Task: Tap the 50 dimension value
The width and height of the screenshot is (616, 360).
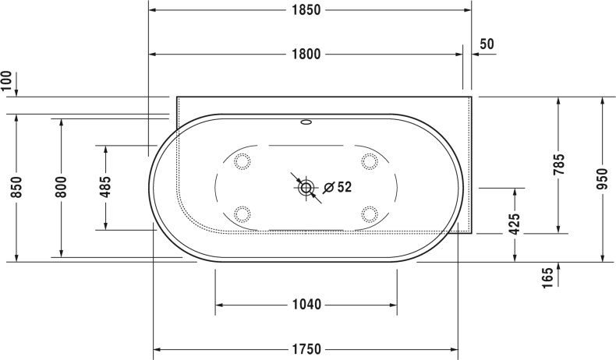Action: pyautogui.click(x=487, y=44)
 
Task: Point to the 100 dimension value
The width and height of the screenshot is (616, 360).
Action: pyautogui.click(x=7, y=82)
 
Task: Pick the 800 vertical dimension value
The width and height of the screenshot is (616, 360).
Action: pyautogui.click(x=61, y=187)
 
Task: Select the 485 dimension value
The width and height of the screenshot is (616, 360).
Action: pyautogui.click(x=105, y=187)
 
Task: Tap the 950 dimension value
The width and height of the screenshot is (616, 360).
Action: pyautogui.click(x=602, y=179)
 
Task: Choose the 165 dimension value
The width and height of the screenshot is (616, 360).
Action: pyautogui.click(x=549, y=275)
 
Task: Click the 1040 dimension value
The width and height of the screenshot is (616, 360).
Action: pyautogui.click(x=307, y=305)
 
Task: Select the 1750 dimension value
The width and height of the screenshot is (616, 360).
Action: pyautogui.click(x=307, y=348)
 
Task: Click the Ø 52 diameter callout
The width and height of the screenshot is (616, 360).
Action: pyautogui.click(x=337, y=187)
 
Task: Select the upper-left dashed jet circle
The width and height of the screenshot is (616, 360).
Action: pyautogui.click(x=243, y=161)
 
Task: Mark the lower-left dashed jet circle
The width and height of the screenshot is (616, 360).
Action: pyautogui.click(x=243, y=213)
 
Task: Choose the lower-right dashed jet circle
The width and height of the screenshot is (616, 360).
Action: pyautogui.click(x=369, y=213)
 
